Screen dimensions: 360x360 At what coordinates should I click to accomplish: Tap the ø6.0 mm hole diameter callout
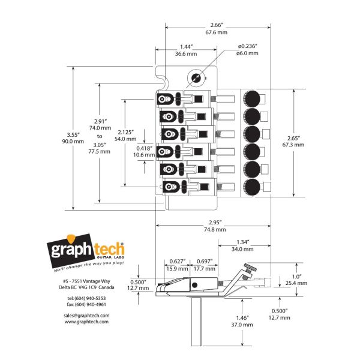(247, 54)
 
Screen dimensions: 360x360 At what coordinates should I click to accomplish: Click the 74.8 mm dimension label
(216, 229)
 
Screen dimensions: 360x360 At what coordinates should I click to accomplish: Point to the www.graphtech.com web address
(86, 322)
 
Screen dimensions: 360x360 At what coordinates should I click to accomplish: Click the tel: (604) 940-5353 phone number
(86, 298)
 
